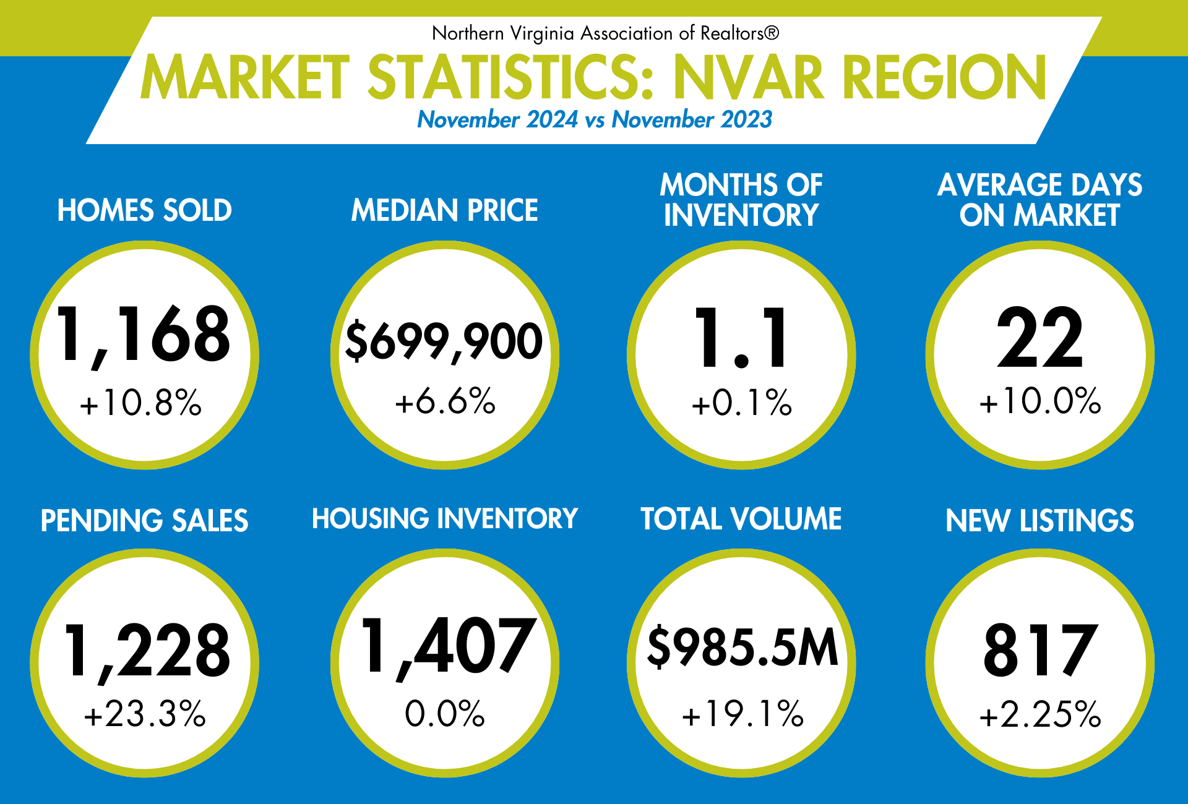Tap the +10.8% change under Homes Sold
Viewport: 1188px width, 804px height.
141,403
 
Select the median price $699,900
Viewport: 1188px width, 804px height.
444,341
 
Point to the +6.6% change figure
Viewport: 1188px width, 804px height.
445,401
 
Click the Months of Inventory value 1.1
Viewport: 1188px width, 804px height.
741,338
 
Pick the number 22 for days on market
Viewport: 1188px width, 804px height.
1039,338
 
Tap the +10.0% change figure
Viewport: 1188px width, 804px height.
1039,401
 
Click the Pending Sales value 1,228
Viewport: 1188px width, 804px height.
146,650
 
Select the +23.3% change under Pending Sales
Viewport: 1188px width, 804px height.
144,714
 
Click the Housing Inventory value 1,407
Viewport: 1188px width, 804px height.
447,646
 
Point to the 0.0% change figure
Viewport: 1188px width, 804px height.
444,714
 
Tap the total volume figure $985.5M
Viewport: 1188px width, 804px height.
742,647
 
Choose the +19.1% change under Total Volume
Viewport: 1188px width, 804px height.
742,714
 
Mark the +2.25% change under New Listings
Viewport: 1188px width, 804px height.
1039,714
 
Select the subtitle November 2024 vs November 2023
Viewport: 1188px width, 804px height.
594,119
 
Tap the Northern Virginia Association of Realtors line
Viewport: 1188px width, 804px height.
605,33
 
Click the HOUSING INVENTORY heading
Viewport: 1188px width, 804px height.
444,518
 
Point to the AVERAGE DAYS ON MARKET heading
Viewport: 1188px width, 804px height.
1039,200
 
